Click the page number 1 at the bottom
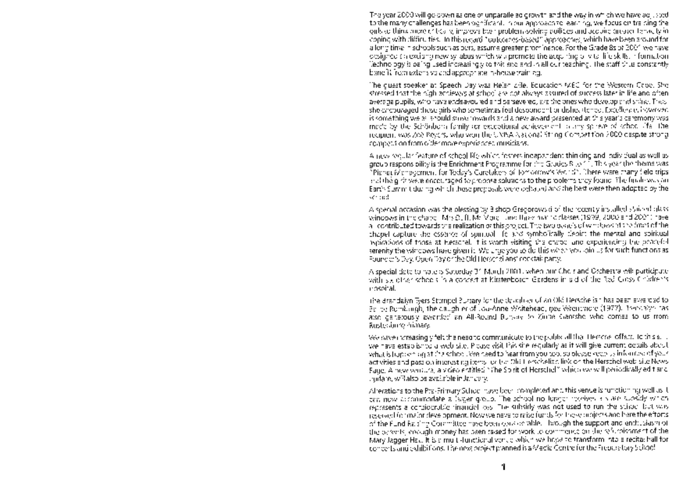503,467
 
